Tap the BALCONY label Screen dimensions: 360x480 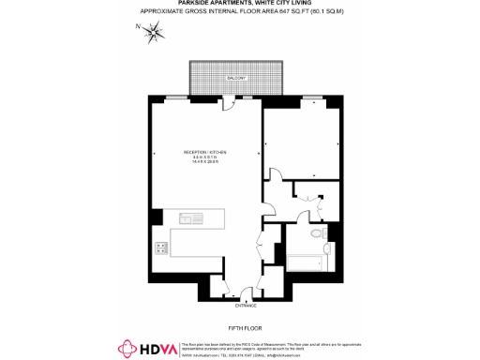[235, 78]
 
